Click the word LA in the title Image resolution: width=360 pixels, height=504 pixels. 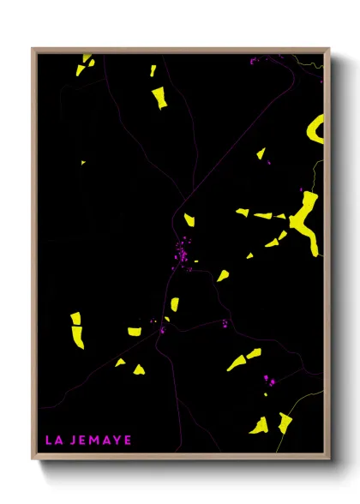[53, 441]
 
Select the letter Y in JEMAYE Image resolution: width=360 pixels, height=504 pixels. [116, 441]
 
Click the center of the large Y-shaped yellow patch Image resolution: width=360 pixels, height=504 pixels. [303, 217]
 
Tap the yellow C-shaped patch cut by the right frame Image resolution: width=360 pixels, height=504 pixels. [315, 129]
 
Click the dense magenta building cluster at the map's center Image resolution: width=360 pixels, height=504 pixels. [182, 253]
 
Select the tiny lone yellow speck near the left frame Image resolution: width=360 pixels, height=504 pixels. [83, 162]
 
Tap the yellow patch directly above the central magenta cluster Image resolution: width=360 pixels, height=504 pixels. [189, 221]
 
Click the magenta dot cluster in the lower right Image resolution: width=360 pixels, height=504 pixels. [268, 378]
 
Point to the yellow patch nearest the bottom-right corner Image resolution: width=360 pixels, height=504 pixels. [285, 423]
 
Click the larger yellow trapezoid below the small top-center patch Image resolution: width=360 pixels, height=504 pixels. [159, 98]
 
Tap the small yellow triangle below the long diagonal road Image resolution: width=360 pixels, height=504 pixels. [261, 153]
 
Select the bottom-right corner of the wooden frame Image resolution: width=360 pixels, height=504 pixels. [328, 460]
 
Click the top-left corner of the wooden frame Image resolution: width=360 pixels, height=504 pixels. [33, 50]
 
